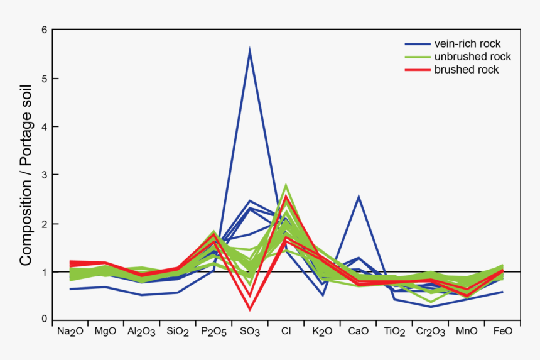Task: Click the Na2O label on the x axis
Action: point(70,331)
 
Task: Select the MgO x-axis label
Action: point(105,330)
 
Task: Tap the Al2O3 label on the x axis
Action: point(141,331)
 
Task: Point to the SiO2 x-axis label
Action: point(177,331)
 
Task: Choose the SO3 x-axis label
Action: point(249,331)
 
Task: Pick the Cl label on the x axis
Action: point(285,330)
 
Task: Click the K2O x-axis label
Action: point(322,331)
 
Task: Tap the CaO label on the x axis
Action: point(357,330)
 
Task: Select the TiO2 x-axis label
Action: point(394,331)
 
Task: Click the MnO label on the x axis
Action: point(467,330)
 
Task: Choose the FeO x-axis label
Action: point(502,330)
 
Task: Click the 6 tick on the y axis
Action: point(44,30)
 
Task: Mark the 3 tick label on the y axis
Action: point(44,175)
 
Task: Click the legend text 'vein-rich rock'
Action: point(466,44)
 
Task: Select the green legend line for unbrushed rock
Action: point(416,57)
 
